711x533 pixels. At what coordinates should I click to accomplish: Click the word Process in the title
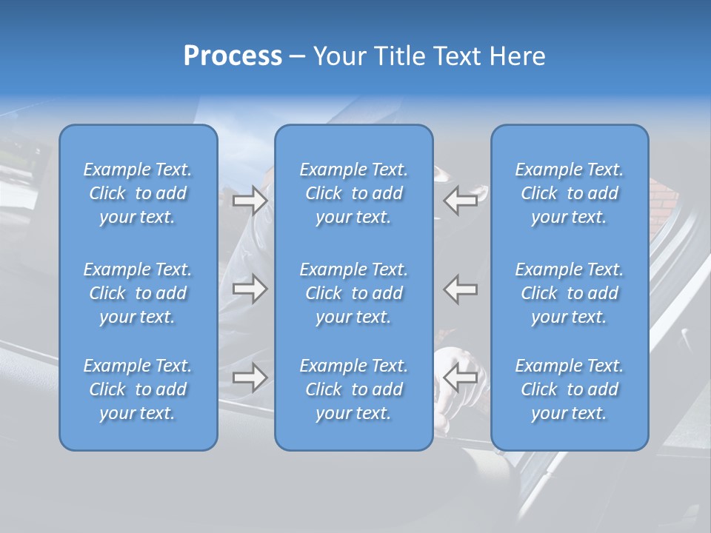tap(233, 56)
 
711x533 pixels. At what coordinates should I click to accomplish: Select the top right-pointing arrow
tap(250, 201)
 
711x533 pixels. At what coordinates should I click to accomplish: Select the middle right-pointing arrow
tap(250, 289)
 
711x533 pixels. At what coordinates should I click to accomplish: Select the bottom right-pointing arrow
tap(250, 378)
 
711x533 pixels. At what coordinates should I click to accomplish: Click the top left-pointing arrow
tap(461, 201)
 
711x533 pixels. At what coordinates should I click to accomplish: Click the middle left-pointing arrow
tap(461, 289)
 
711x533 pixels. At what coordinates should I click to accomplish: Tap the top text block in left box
tap(138, 193)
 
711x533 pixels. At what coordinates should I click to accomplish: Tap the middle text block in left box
tap(138, 293)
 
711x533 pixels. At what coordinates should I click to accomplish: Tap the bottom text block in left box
tap(138, 389)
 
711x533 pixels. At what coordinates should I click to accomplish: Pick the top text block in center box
tap(354, 193)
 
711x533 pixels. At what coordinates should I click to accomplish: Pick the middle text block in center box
tap(354, 293)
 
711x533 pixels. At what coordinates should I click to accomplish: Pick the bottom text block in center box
tap(354, 389)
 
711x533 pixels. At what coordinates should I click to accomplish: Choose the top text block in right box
tap(570, 193)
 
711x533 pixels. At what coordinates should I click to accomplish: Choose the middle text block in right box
tap(570, 293)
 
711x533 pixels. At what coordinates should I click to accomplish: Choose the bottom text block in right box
tap(570, 389)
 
